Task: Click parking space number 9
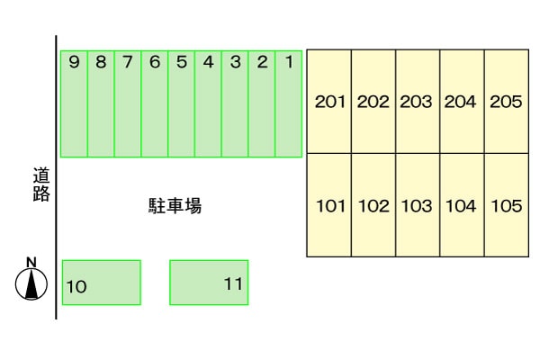[x=74, y=103]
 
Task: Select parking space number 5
[x=181, y=103]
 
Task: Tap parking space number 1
[x=288, y=103]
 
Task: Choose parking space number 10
[x=101, y=283]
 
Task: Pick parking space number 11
[x=209, y=283]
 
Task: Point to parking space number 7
[x=128, y=103]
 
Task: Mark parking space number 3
[x=235, y=103]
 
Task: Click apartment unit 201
[x=329, y=102]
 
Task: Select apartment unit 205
[x=506, y=102]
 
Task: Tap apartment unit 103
[x=418, y=205]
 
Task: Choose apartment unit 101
[x=329, y=205]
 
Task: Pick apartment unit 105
[x=506, y=205]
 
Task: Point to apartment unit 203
[x=418, y=102]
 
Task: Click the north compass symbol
[x=32, y=284]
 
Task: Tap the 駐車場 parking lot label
[x=175, y=206]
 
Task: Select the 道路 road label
[x=40, y=184]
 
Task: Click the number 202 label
[x=373, y=102]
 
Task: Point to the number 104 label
[x=461, y=206]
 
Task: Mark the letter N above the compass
[x=31, y=262]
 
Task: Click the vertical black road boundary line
[x=57, y=225]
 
